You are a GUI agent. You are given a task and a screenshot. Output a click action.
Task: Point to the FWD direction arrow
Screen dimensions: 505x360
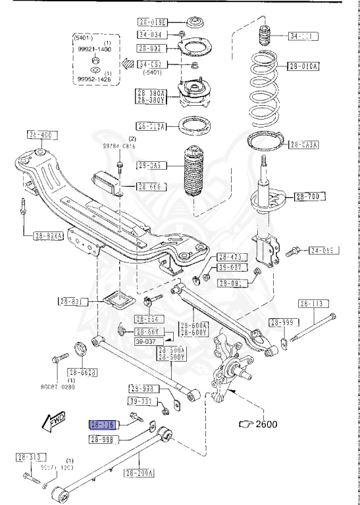[52, 421]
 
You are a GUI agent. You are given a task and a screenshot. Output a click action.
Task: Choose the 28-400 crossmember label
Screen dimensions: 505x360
[39, 135]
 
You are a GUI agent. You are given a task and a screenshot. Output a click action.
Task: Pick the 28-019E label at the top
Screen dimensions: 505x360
[153, 22]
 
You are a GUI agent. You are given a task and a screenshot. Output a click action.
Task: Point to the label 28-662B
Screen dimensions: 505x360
[84, 372]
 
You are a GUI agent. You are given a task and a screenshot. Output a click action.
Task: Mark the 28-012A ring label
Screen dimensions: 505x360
[152, 126]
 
